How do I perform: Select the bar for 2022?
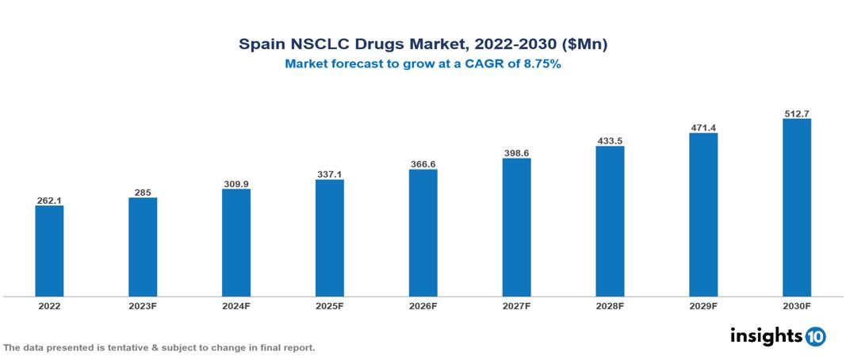pyautogui.click(x=49, y=251)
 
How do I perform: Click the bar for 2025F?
pyautogui.click(x=330, y=238)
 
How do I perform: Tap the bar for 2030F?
pyautogui.click(x=797, y=208)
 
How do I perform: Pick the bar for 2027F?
pyautogui.click(x=517, y=227)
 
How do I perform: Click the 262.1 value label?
pyautogui.click(x=49, y=200)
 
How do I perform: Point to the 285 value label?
pyautogui.click(x=143, y=192)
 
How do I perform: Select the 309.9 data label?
pyautogui.click(x=236, y=183)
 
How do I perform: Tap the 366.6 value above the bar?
pyautogui.click(x=423, y=163)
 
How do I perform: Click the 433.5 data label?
pyautogui.click(x=611, y=140)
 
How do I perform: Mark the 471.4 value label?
pyautogui.click(x=703, y=127)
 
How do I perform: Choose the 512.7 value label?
pyautogui.click(x=797, y=113)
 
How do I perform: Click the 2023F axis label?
pyautogui.click(x=143, y=305)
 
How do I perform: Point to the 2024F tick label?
pyautogui.click(x=236, y=305)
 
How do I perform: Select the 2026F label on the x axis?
pyautogui.click(x=423, y=305)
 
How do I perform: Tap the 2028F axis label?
pyautogui.click(x=611, y=305)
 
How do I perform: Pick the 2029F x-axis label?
pyautogui.click(x=703, y=305)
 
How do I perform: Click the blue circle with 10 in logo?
pyautogui.click(x=815, y=336)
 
